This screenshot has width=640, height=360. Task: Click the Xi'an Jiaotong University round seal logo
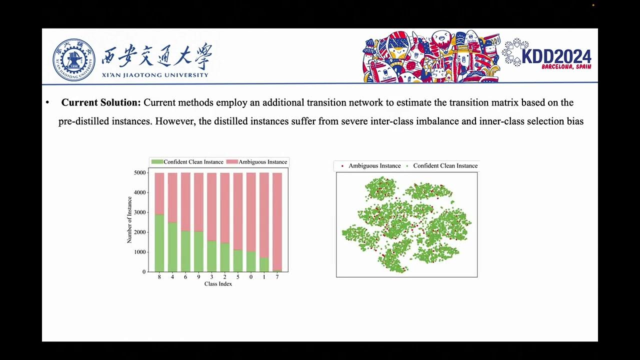point(73,60)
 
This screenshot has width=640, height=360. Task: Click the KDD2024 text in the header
point(556,56)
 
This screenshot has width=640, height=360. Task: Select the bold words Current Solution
point(101,102)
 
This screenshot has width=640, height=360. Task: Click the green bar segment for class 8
point(159,243)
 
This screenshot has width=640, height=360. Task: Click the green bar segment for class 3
point(212,256)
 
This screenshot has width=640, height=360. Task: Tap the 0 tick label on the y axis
point(144,272)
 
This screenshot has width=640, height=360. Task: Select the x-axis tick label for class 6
point(185,277)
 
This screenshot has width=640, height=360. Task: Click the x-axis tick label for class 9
point(198,277)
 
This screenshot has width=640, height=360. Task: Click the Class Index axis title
point(218,284)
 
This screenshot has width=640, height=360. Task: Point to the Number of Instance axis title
point(129,220)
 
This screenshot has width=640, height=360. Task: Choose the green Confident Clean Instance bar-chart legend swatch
point(157,162)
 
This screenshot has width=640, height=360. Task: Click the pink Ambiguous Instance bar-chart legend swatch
point(232,162)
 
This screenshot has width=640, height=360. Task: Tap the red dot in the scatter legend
point(342,166)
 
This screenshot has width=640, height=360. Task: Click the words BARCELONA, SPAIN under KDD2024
point(566,66)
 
